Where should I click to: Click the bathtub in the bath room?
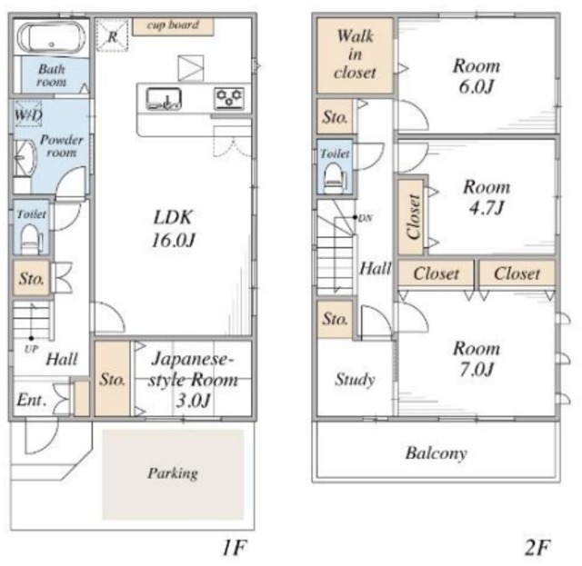coord(51,37)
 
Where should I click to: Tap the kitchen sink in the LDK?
coord(164,99)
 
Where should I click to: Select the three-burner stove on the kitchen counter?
coord(229,98)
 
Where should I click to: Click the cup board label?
coord(173,25)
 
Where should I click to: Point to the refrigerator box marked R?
coord(112,35)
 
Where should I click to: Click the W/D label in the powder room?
coord(28,114)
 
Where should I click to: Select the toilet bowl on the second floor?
coord(334,178)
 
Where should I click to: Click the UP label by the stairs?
coord(31,349)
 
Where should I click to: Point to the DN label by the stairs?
coord(366,218)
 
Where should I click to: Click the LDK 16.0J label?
coord(174,228)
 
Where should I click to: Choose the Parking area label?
coord(173,473)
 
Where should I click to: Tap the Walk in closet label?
coord(355,55)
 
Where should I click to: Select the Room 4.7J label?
coord(487,197)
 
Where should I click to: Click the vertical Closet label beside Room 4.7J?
coord(413,216)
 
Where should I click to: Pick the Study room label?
coord(355,380)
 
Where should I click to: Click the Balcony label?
coord(436,452)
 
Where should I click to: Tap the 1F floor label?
coord(235,548)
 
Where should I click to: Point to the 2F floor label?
coord(537,548)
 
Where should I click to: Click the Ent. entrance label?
coord(32,400)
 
